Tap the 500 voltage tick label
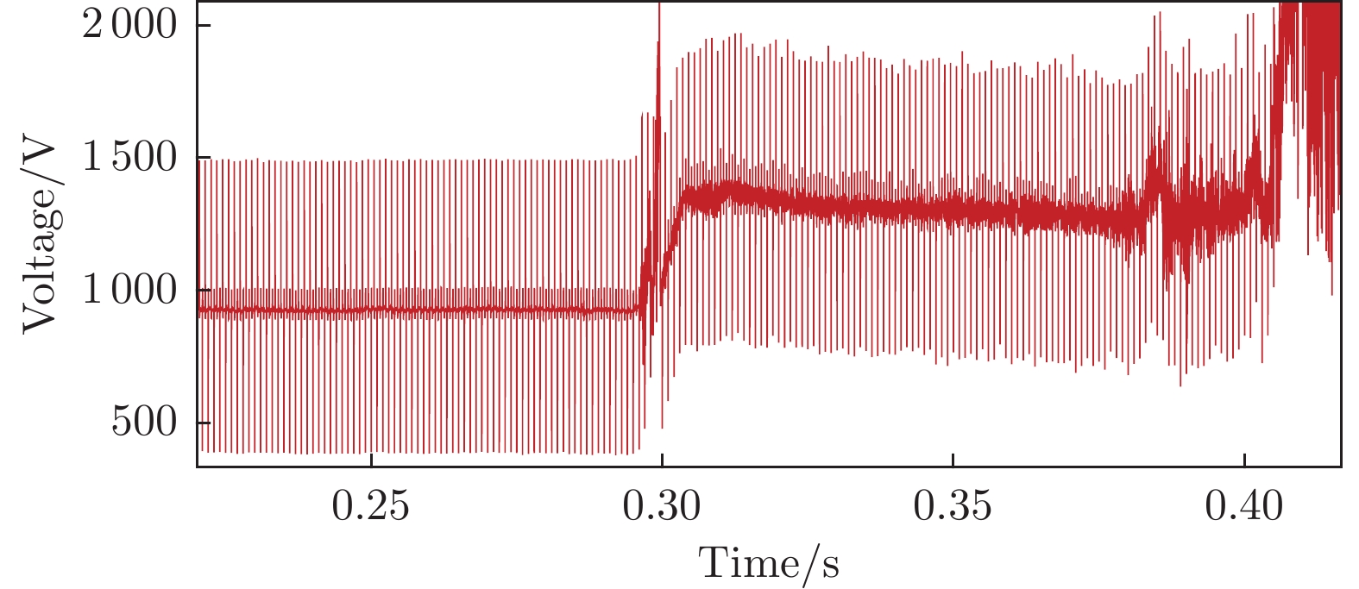coord(143,423)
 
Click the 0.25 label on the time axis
coord(371,507)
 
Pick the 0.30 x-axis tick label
coord(662,507)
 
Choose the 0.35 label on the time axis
coord(953,507)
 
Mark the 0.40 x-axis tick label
coord(1243,507)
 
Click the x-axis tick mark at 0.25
coord(371,461)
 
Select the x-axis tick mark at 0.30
coord(662,461)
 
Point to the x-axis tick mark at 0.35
coord(953,461)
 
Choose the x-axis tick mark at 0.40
coord(1244,461)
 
